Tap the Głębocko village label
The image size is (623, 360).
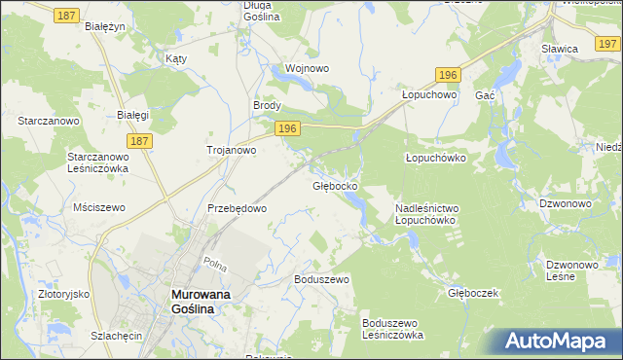click(336, 185)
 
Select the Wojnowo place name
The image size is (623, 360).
click(306, 69)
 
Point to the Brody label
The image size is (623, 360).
click(268, 106)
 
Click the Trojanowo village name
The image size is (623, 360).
click(232, 150)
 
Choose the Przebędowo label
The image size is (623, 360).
click(238, 208)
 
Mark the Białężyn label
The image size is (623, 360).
click(106, 27)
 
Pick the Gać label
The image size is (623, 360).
click(485, 95)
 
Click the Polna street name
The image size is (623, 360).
click(215, 263)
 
